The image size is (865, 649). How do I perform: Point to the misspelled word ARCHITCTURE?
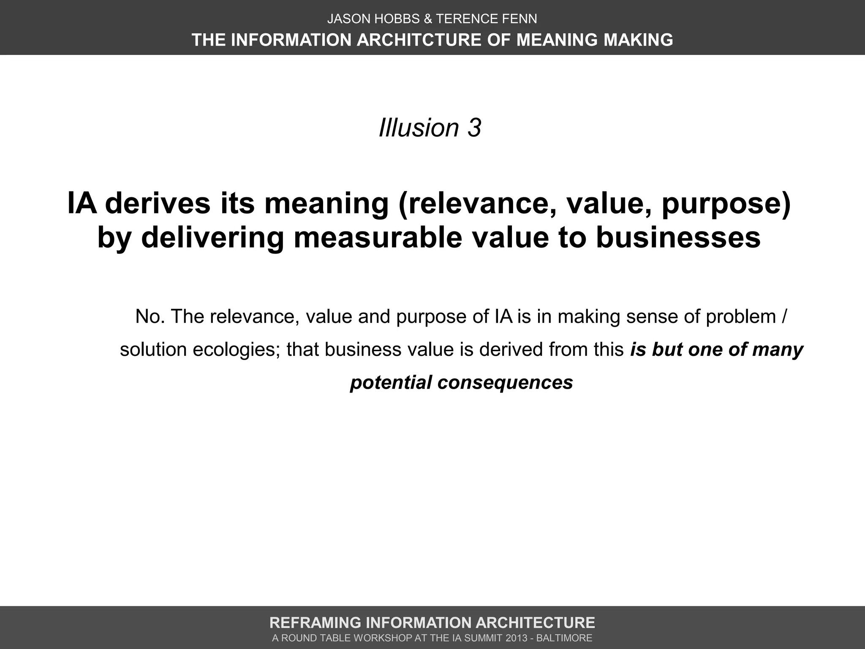coord(419,40)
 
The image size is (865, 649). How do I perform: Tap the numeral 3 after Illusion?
coord(474,128)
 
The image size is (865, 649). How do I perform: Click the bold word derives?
coord(158,203)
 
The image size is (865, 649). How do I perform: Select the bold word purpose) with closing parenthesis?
coord(726,203)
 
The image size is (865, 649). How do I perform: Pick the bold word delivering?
coord(212,237)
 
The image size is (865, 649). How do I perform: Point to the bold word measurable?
coord(378,237)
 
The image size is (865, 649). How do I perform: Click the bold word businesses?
coord(678,237)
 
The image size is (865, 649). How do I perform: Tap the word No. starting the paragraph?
coord(150,316)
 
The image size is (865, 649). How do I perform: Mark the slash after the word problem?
coord(784,316)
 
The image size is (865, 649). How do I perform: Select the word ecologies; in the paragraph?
coord(237,349)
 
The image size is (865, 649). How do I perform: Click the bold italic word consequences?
coord(505,382)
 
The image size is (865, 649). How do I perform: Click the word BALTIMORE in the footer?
coord(564,638)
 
